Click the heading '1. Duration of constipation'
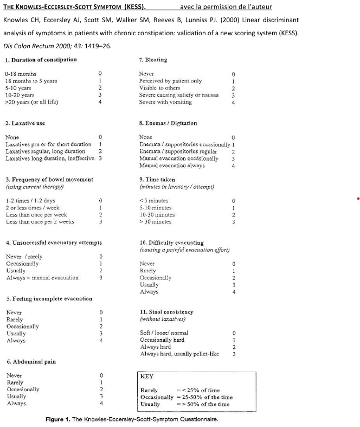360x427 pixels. [x=41, y=60]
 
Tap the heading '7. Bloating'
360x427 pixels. [x=153, y=60]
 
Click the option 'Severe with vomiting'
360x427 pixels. [x=165, y=101]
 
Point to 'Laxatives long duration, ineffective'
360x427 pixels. [x=48, y=158]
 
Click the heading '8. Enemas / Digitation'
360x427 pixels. [x=168, y=123]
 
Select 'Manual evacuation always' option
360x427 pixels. [x=172, y=165]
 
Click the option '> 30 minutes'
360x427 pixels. [x=156, y=221]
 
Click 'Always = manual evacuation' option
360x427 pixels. [x=42, y=277]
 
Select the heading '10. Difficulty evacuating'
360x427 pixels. [x=171, y=243]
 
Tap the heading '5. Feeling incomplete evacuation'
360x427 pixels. [x=49, y=298]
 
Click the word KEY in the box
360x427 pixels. [x=147, y=376]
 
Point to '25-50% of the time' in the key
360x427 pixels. [x=209, y=397]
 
